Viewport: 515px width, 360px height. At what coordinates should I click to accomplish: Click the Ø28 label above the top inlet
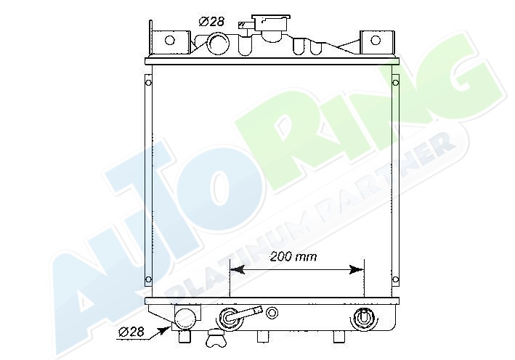pyautogui.click(x=211, y=22)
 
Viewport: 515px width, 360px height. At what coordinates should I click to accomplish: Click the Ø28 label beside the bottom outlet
pyautogui.click(x=131, y=332)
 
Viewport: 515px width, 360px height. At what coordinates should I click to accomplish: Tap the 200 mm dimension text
pyautogui.click(x=293, y=257)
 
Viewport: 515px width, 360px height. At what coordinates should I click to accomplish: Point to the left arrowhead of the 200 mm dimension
pyautogui.click(x=238, y=270)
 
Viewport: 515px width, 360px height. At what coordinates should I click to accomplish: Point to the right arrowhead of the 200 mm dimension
pyautogui.click(x=357, y=270)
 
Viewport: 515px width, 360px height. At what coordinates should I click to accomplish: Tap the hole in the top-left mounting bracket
pyautogui.click(x=169, y=41)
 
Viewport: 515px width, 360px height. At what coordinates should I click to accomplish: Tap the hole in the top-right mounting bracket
pyautogui.click(x=376, y=41)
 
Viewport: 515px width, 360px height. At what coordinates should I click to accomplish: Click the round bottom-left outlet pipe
pyautogui.click(x=185, y=319)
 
